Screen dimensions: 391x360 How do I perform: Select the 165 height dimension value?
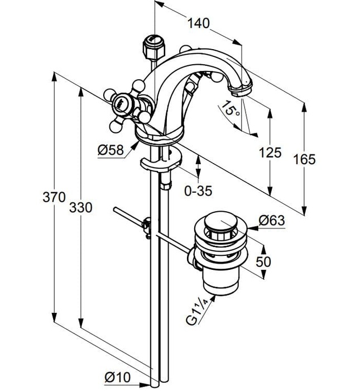coord(305,159)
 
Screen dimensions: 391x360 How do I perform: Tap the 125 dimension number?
coord(271,152)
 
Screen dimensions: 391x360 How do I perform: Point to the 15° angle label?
coord(230,108)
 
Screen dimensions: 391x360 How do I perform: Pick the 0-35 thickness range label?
coord(198,191)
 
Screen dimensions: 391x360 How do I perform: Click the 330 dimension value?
coord(81,207)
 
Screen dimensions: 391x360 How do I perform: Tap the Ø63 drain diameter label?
coord(272,221)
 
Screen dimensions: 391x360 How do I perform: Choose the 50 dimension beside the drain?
coord(265,261)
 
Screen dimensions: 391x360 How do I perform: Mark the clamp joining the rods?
coord(147,226)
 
